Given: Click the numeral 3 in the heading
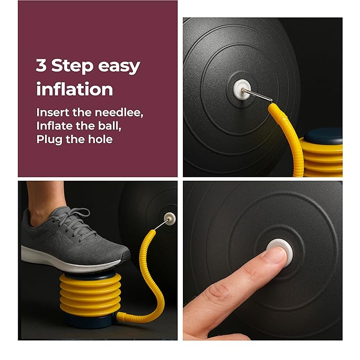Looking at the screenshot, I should (41, 66).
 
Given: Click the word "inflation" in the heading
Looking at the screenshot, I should (74, 89).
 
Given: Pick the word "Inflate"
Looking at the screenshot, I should (54, 126).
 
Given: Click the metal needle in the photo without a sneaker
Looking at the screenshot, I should (258, 95).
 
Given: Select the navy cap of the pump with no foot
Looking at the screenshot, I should (323, 135).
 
